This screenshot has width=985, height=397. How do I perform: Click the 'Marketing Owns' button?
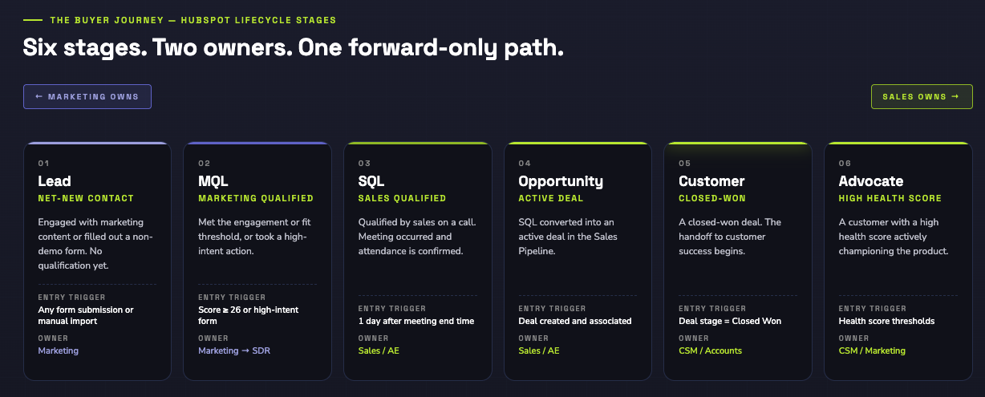point(87,96)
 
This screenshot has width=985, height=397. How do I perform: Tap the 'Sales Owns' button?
point(921,96)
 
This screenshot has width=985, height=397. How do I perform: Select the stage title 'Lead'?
point(55,181)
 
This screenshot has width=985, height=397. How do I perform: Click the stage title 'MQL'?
point(213,181)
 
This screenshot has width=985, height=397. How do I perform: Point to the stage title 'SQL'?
point(371,181)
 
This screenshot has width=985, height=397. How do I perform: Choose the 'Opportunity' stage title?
point(561,181)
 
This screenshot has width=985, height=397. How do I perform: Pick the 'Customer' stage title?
point(711,181)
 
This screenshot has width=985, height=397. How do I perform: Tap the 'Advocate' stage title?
point(871,181)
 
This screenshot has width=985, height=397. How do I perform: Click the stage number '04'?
point(525,164)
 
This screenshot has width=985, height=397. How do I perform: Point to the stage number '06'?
point(845,164)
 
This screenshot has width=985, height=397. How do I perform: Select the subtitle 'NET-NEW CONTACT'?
point(86,198)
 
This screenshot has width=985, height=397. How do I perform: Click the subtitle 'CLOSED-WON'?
point(712,198)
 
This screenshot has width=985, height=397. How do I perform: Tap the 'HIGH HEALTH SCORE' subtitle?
point(890,198)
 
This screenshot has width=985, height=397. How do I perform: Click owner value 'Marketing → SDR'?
point(233,350)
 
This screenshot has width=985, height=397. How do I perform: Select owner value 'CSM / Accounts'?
point(710,350)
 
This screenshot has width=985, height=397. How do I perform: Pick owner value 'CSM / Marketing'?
point(872,350)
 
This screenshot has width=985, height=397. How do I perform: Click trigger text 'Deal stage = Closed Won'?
point(730,321)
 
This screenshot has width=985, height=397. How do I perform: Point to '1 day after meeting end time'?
point(416,321)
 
